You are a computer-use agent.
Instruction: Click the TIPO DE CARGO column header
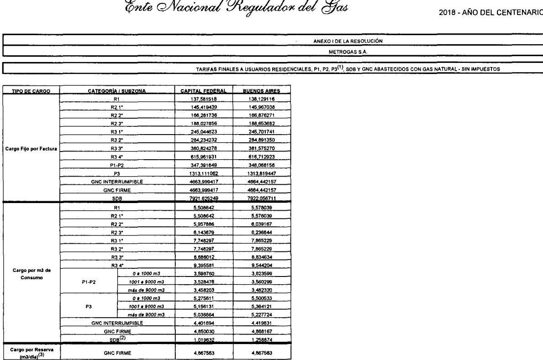31,90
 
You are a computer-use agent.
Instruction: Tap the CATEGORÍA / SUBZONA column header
118,90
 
